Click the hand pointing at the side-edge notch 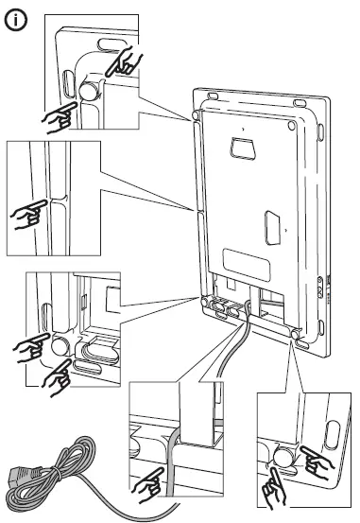coord(27,215)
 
